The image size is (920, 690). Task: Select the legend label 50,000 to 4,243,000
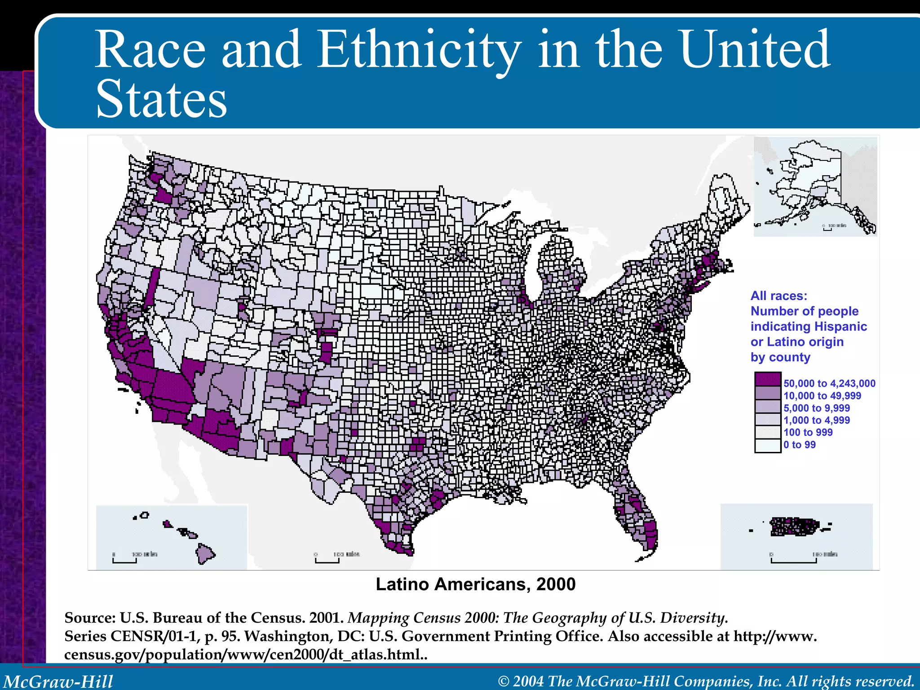click(x=829, y=384)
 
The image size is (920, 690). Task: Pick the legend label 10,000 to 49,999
click(x=822, y=396)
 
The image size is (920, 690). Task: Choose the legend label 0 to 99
click(x=800, y=445)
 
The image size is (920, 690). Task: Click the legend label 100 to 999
click(x=808, y=433)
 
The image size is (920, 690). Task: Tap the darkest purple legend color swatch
click(x=768, y=379)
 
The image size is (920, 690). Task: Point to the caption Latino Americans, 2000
click(x=476, y=584)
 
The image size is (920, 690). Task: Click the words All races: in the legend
click(x=778, y=296)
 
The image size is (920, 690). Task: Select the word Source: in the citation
click(x=90, y=618)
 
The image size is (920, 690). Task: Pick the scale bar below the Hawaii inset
click(x=124, y=561)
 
